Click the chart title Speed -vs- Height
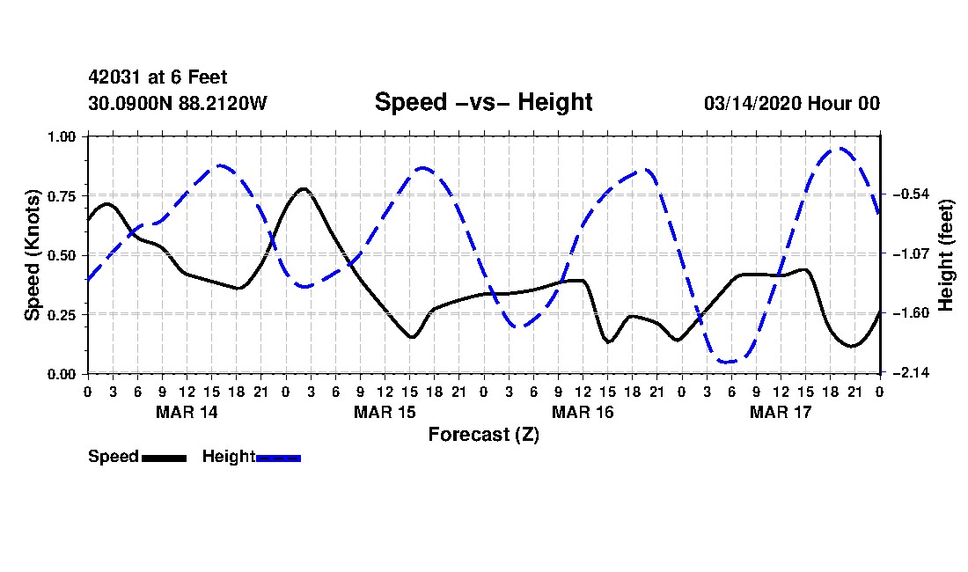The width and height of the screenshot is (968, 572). tap(483, 102)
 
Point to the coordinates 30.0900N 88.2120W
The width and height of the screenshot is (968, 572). tap(177, 104)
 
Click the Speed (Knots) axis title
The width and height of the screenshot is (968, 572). tap(33, 254)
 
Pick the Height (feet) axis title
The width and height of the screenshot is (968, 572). tap(947, 254)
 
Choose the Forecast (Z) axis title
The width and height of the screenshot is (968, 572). tap(483, 434)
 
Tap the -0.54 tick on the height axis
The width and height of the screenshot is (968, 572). tap(909, 194)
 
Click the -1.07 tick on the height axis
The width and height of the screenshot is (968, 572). tap(909, 254)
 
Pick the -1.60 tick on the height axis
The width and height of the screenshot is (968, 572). tap(909, 313)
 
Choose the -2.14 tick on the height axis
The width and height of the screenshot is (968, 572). tap(909, 374)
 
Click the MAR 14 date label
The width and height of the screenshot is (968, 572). tap(187, 412)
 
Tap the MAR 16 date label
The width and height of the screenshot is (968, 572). tap(583, 412)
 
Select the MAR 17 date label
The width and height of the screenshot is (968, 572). tap(781, 412)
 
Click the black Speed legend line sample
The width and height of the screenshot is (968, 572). tap(164, 458)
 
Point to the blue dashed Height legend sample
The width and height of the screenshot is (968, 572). tap(278, 458)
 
